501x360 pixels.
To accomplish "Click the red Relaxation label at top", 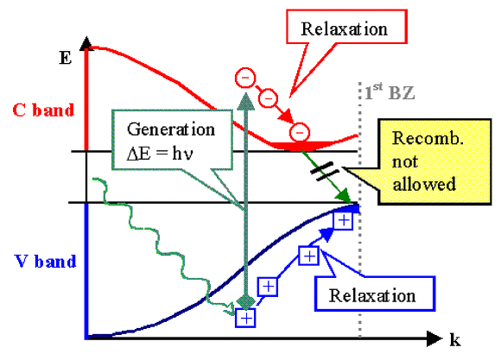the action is pos(344,29).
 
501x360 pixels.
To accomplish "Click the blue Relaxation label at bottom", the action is pos(372,295).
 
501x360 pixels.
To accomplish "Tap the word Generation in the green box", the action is pos(171,129).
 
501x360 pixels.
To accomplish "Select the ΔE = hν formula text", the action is pos(160,154).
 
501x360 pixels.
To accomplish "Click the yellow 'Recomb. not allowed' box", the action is pos(434,161).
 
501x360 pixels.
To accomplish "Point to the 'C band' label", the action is pos(43,111).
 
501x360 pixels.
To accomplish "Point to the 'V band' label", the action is pos(46,262).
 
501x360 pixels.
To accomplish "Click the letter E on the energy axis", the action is pos(65,58).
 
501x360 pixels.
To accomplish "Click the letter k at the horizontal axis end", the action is pos(455,339).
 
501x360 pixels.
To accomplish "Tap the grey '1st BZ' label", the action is pos(390,92).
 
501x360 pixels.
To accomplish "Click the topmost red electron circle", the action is pos(245,78).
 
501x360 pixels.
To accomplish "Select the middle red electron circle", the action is pos(268,98).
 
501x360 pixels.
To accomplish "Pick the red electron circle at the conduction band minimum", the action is pos(300,132).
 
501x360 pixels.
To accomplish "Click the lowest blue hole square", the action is pos(245,318).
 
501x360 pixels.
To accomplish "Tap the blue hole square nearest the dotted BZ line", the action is pos(343,220).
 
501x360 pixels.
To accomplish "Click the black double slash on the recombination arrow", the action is pos(324,171).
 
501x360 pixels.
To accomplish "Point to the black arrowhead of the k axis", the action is pos(434,338).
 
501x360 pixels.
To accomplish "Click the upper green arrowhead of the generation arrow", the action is pos(245,102).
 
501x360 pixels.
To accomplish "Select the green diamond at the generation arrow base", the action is pos(245,301).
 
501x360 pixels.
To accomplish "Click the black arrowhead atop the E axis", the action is pos(86,43).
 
